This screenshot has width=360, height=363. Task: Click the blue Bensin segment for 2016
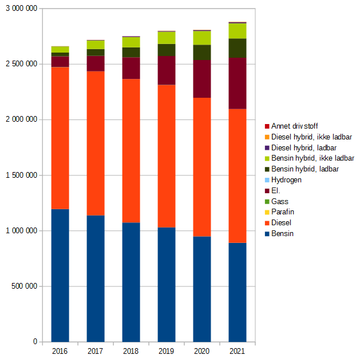coord(60,275)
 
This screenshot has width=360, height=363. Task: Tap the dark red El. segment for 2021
coord(238,83)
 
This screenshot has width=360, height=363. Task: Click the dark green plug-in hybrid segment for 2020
coord(202,53)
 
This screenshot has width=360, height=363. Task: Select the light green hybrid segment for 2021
coord(238,31)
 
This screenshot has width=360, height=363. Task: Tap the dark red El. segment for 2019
coord(167,70)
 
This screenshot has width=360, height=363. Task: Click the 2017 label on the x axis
coord(96,350)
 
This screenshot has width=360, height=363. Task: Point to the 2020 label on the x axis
coord(202,350)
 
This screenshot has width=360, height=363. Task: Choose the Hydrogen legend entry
coord(286,179)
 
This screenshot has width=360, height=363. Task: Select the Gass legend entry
coord(280,201)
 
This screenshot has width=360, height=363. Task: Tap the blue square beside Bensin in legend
coord(267,234)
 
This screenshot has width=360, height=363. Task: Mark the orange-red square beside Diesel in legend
coord(267,223)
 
